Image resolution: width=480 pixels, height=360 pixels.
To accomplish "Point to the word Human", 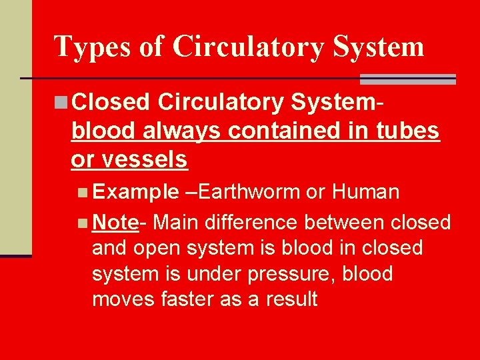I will click(x=366, y=193).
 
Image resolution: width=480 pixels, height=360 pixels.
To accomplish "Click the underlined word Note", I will click(x=115, y=221).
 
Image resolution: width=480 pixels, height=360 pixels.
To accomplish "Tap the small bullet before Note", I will click(x=82, y=221).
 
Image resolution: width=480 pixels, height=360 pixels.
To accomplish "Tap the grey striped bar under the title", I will click(x=407, y=79).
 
